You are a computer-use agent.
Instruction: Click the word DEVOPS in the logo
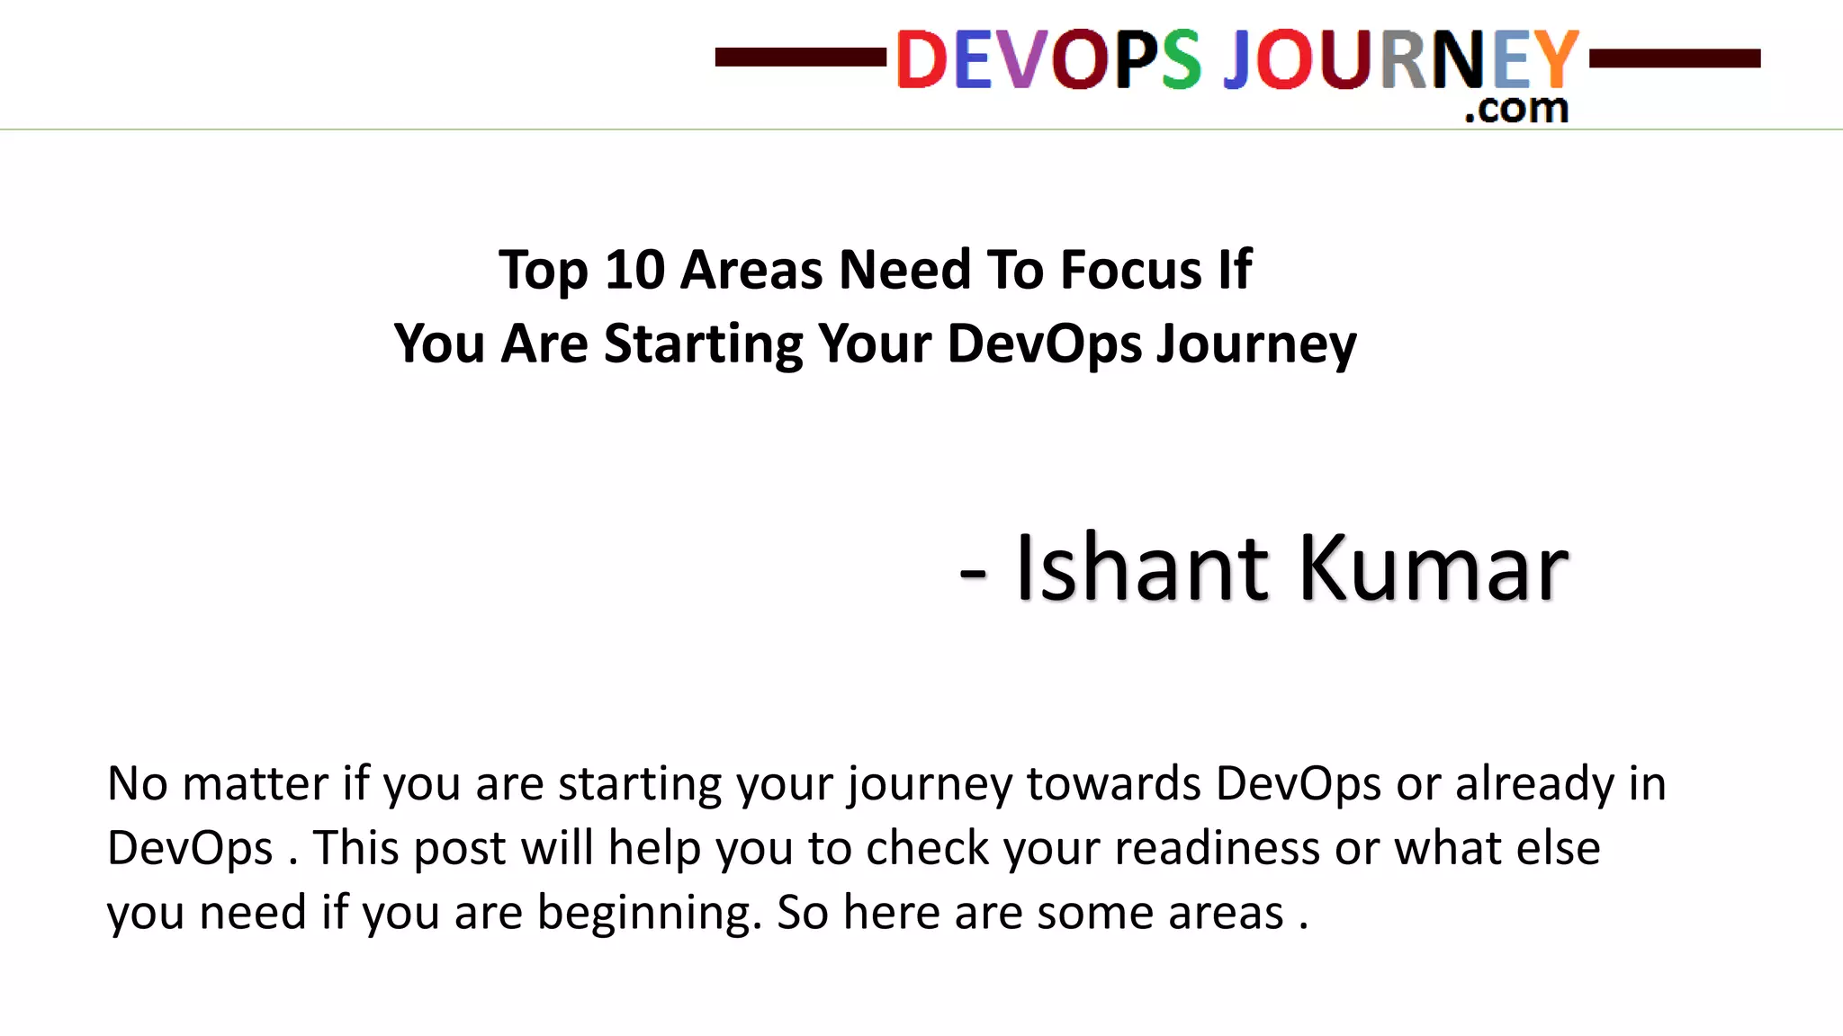tap(1048, 59)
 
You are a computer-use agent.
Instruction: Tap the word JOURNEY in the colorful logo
tap(1400, 59)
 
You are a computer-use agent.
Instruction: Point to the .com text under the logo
tap(1516, 108)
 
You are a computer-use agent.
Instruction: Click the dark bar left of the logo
tap(800, 58)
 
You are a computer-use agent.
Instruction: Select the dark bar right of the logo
tap(1675, 58)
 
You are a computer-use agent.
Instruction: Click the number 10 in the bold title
tap(634, 269)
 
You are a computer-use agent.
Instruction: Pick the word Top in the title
tap(543, 271)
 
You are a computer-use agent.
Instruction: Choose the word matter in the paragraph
tap(255, 783)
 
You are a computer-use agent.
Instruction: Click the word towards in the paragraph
tap(1114, 783)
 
